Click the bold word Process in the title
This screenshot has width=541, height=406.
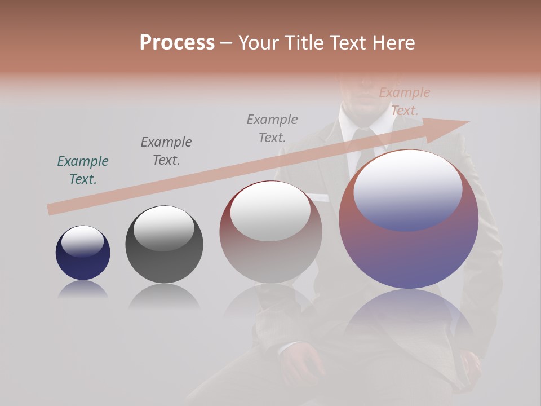[x=177, y=43]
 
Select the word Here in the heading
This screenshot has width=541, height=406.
[x=393, y=43]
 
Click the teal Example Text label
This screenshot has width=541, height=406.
[x=83, y=170]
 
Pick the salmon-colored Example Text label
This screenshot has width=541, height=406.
[x=405, y=101]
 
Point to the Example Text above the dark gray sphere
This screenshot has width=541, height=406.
[x=166, y=151]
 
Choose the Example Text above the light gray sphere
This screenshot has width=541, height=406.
[x=272, y=129]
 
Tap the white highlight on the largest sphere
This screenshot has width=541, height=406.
[x=408, y=189]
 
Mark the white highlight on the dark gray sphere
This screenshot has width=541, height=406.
[x=163, y=228]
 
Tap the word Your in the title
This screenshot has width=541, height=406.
[x=259, y=43]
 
